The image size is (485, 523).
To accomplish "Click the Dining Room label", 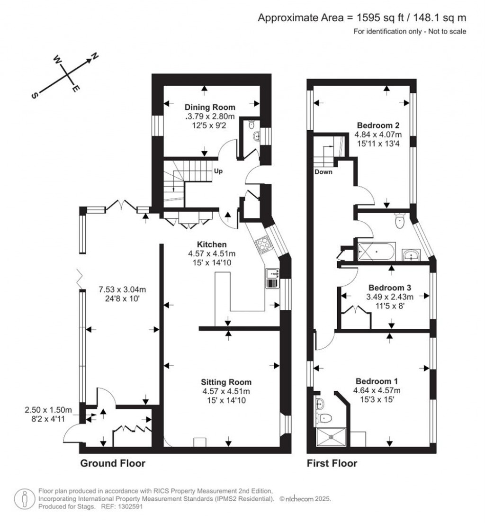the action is pyautogui.click(x=210, y=108).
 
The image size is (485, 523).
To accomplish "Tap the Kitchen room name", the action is pyautogui.click(x=212, y=244).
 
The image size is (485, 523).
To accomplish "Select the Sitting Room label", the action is pyautogui.click(x=226, y=382).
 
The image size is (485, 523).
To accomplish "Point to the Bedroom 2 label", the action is pyautogui.click(x=378, y=126).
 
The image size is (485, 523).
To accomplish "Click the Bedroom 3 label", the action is pyautogui.click(x=390, y=288).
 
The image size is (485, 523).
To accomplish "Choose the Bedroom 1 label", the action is pyautogui.click(x=377, y=381).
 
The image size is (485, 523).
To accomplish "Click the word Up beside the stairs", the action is pyautogui.click(x=218, y=171).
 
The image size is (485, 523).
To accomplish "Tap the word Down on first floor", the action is pyautogui.click(x=323, y=172).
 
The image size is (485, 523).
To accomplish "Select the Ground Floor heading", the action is pyautogui.click(x=113, y=463).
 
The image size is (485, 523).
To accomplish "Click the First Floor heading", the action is pyautogui.click(x=332, y=463).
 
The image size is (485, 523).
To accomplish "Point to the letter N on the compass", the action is pyautogui.click(x=95, y=56).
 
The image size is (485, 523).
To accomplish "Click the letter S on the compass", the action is pyautogui.click(x=35, y=95).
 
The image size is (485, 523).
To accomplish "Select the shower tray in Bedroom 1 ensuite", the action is pyautogui.click(x=332, y=437).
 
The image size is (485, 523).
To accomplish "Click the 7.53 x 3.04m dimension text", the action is pyautogui.click(x=122, y=289).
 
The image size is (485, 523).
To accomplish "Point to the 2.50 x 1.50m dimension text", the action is pyautogui.click(x=48, y=410).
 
